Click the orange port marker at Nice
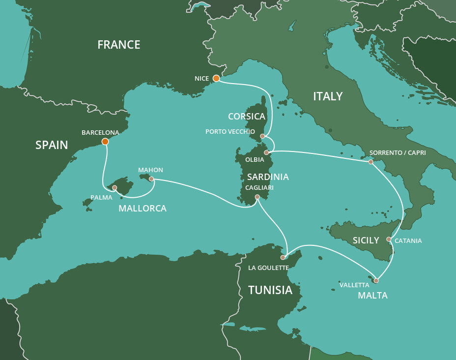(x=216, y=78)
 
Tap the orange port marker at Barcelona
(x=105, y=142)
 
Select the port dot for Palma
(x=114, y=187)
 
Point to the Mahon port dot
(x=151, y=179)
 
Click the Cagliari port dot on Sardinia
(x=257, y=197)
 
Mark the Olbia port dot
(x=266, y=153)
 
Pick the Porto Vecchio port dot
(x=262, y=136)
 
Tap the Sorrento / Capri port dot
(x=370, y=162)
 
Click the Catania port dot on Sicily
(x=389, y=240)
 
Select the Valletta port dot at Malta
(x=376, y=281)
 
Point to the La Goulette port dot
(x=283, y=257)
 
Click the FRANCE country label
(x=119, y=45)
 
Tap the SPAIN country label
(x=52, y=145)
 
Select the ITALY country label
(x=328, y=96)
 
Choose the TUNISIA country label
(x=270, y=290)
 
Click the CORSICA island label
(x=247, y=117)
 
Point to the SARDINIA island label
(x=268, y=177)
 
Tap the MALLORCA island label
(x=142, y=209)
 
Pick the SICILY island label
(x=366, y=240)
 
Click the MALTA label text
(x=372, y=296)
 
